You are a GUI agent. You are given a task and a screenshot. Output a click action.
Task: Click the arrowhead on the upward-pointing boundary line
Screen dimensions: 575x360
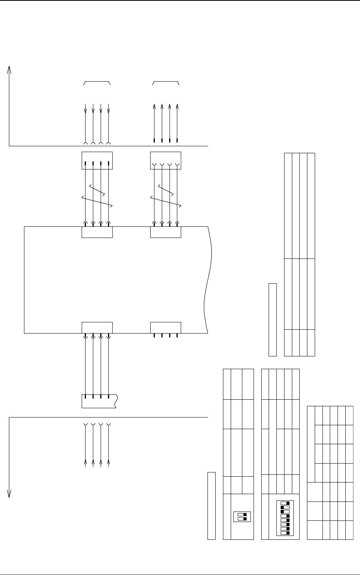pos(9,69)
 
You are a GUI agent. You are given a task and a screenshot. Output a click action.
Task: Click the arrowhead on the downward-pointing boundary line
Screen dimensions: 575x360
pos(9,494)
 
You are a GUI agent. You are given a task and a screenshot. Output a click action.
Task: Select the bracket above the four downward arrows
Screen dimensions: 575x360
pos(97,82)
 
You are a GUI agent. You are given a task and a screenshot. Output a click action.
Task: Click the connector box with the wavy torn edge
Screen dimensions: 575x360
pos(99,401)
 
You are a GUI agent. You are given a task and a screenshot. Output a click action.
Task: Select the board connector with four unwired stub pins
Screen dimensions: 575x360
pos(165,327)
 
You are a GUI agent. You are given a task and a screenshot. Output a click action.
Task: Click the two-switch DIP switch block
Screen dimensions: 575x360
pos(242,517)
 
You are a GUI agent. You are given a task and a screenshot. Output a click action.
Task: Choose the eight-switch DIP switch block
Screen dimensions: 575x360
pos(285,518)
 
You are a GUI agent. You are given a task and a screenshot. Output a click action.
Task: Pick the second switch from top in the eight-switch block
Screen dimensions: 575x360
pos(285,507)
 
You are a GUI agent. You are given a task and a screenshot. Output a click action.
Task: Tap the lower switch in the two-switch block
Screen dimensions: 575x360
pos(242,519)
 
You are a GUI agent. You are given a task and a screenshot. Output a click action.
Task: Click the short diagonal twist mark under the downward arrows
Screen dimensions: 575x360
pos(97,190)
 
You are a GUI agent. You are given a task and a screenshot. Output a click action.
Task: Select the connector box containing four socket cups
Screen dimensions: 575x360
pos(165,161)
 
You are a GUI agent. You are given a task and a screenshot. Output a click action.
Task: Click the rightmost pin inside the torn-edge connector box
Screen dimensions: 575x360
pos(108,397)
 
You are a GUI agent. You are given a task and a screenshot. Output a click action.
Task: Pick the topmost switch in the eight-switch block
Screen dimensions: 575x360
pos(285,503)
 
